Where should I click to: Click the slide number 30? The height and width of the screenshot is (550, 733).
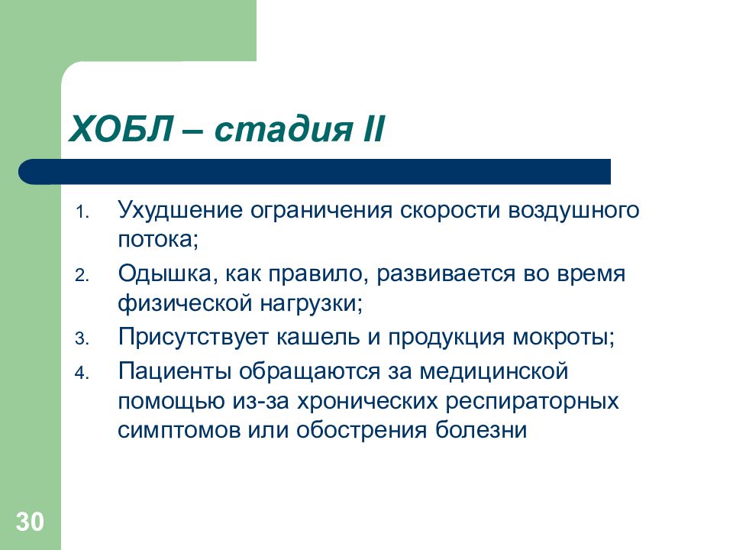click(30, 522)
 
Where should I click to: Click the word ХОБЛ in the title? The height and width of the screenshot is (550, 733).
click(118, 128)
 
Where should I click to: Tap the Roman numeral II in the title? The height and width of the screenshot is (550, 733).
click(368, 128)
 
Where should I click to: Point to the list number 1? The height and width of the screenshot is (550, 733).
click(82, 212)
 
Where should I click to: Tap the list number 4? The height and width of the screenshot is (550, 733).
click(82, 372)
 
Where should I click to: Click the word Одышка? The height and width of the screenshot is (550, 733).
click(159, 274)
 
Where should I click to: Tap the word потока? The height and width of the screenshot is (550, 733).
click(157, 240)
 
